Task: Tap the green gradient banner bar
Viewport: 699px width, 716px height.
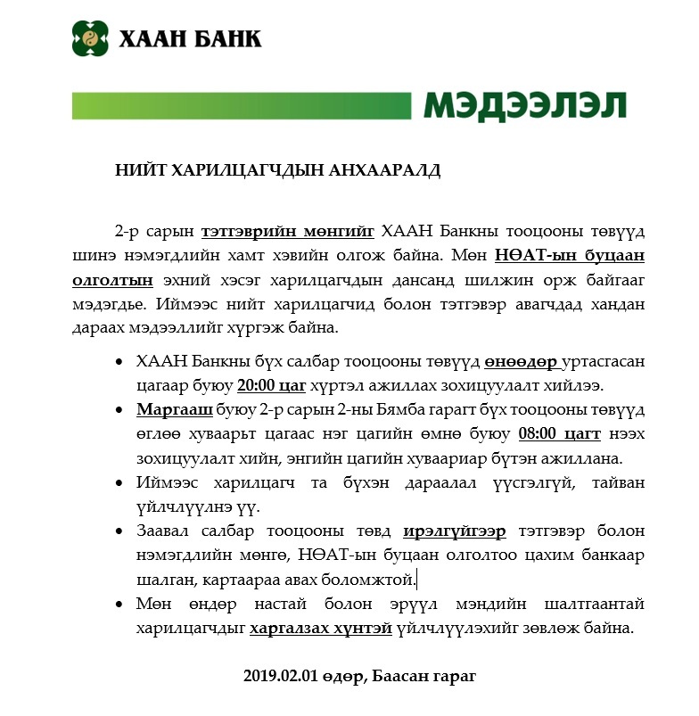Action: [x=241, y=105]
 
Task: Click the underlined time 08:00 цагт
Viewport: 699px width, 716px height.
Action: [x=560, y=435]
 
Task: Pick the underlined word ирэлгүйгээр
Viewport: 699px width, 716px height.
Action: [x=455, y=531]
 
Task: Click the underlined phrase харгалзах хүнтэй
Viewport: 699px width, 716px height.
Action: [x=321, y=628]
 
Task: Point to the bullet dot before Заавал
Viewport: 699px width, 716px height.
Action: [x=121, y=532]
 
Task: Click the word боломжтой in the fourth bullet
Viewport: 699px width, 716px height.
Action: [x=378, y=580]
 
